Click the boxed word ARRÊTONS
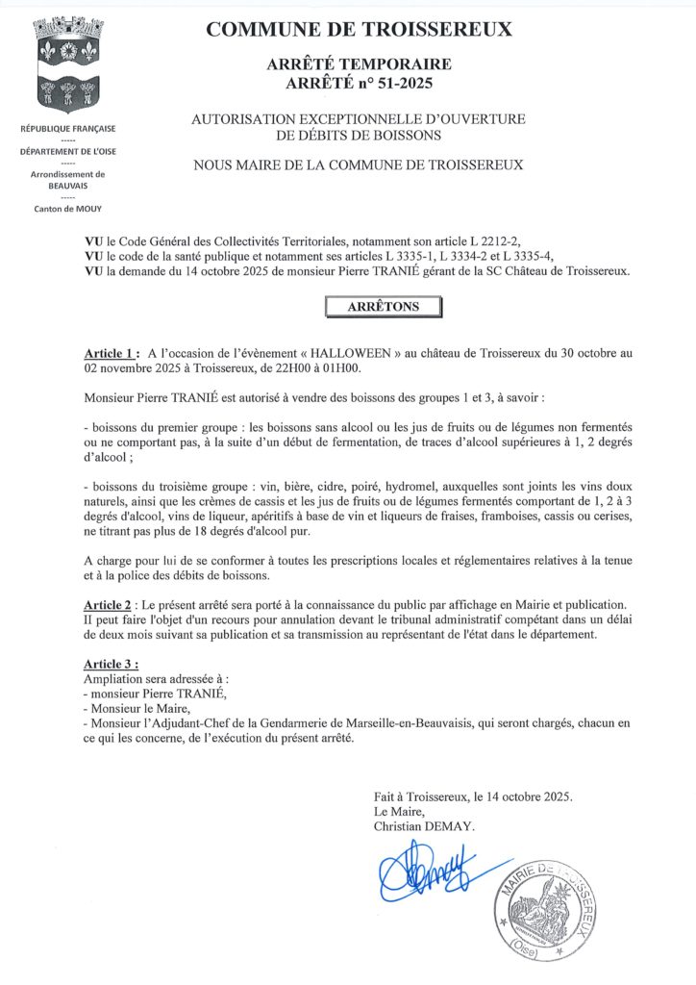tap(383, 307)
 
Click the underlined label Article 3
tap(112, 665)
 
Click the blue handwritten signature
tap(423, 871)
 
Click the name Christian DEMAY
tap(425, 826)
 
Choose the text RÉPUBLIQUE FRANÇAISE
tap(68, 129)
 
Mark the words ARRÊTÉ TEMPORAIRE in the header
tap(360, 64)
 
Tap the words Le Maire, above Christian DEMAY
tap(399, 812)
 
